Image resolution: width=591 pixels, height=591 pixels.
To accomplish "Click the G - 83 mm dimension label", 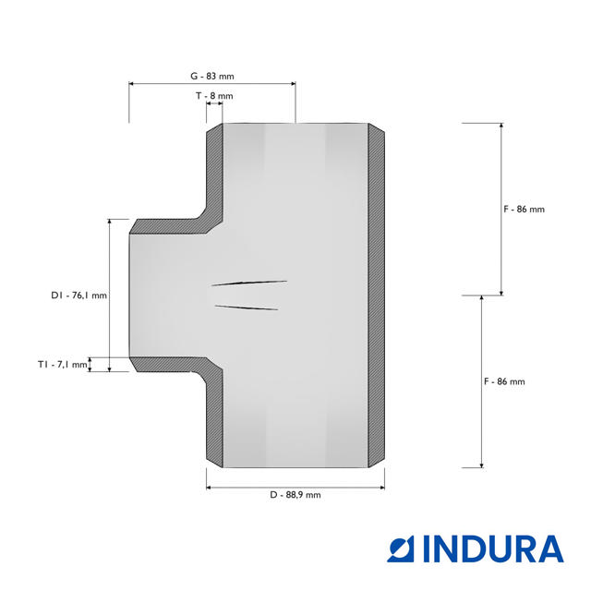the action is click(212, 76).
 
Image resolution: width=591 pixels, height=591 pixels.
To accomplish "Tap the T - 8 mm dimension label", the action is click(214, 96).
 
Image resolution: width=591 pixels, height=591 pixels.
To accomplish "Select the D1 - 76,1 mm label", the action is click(78, 295).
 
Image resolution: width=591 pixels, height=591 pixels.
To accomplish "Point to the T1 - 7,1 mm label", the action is click(62, 365).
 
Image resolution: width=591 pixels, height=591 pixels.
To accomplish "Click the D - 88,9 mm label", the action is click(295, 495).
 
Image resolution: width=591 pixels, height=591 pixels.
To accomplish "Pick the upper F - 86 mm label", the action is click(525, 210).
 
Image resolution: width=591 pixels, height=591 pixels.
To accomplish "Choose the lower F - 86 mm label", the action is click(504, 381).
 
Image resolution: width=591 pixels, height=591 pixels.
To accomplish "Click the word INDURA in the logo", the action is click(493, 549).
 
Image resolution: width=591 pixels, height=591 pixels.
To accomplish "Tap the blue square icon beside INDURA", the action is click(401, 550).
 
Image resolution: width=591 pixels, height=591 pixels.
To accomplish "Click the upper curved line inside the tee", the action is click(249, 283).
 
